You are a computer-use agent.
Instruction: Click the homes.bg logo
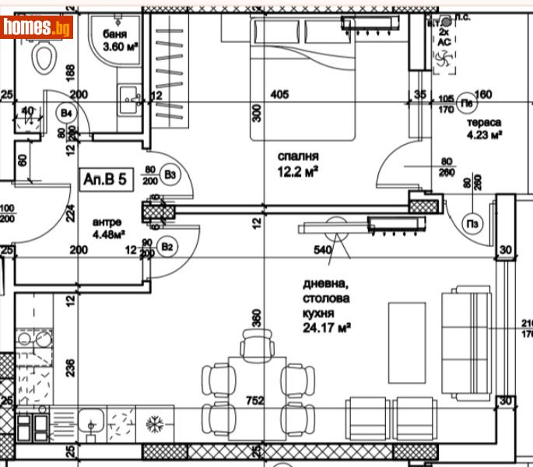[37, 27]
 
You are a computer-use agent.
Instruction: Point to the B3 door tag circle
[170, 175]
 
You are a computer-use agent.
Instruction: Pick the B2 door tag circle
[167, 247]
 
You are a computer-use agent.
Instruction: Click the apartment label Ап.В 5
[105, 180]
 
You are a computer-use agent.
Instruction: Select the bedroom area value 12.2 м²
[298, 171]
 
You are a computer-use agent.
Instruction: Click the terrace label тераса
[483, 122]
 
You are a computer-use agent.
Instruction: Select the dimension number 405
[279, 95]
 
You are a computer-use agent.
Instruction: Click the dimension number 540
[322, 250]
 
